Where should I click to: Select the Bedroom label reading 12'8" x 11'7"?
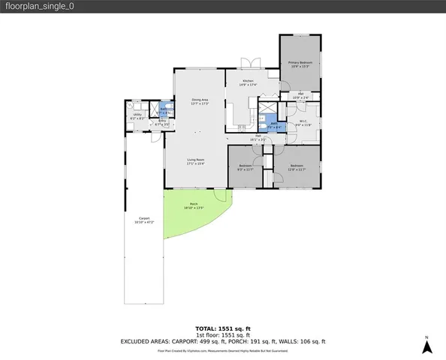coord(297,166)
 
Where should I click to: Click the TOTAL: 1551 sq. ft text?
coord(222,328)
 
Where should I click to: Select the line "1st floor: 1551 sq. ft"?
coord(222,335)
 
